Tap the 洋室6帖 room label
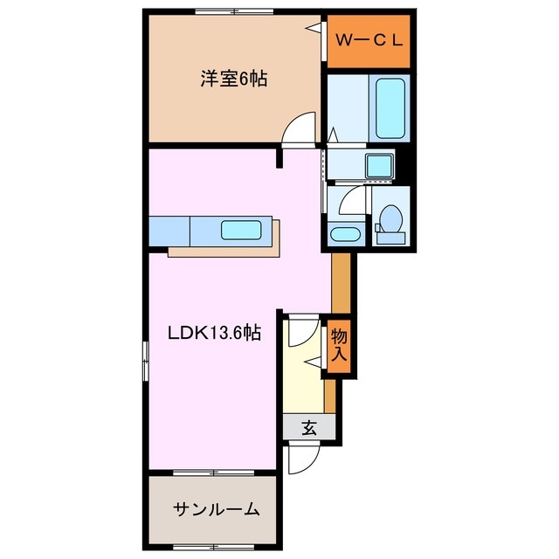tap(232, 79)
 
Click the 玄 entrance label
tap(309, 428)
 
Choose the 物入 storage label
tap(339, 345)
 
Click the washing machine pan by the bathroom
tap(380, 164)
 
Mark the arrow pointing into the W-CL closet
tap(311, 29)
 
